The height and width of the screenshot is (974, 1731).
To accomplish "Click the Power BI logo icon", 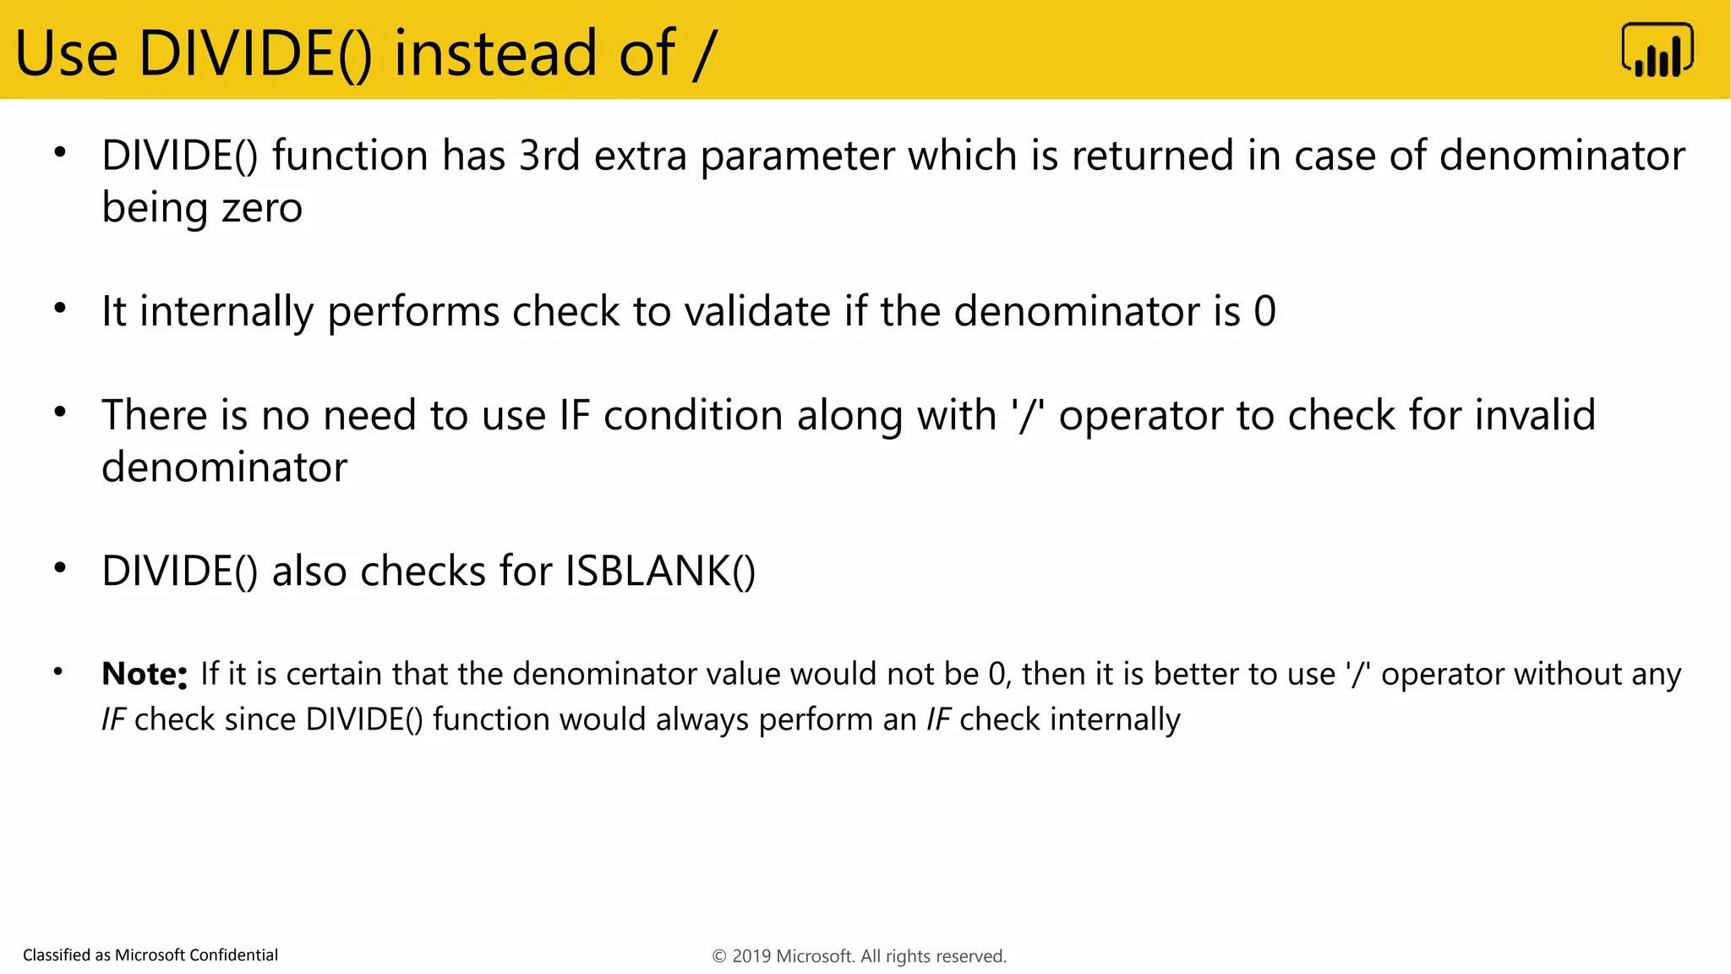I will [1657, 51].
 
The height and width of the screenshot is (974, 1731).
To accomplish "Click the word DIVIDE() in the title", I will [254, 54].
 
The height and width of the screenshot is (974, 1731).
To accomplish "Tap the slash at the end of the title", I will [703, 54].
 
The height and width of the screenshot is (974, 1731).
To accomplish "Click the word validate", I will [757, 311].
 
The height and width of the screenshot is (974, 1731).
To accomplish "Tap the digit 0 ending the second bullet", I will [1264, 311].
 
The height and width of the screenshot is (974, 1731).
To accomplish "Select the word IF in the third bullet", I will [574, 415].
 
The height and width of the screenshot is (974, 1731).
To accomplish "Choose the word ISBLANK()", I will [660, 571].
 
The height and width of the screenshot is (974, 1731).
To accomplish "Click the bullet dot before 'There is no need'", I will [60, 413].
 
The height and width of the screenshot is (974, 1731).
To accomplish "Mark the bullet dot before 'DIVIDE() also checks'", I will [60, 568].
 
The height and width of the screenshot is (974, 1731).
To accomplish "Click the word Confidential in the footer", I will [233, 955].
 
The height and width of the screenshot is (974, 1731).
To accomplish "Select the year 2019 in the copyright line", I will [751, 956].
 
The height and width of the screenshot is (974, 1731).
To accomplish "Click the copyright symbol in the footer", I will [719, 956].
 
